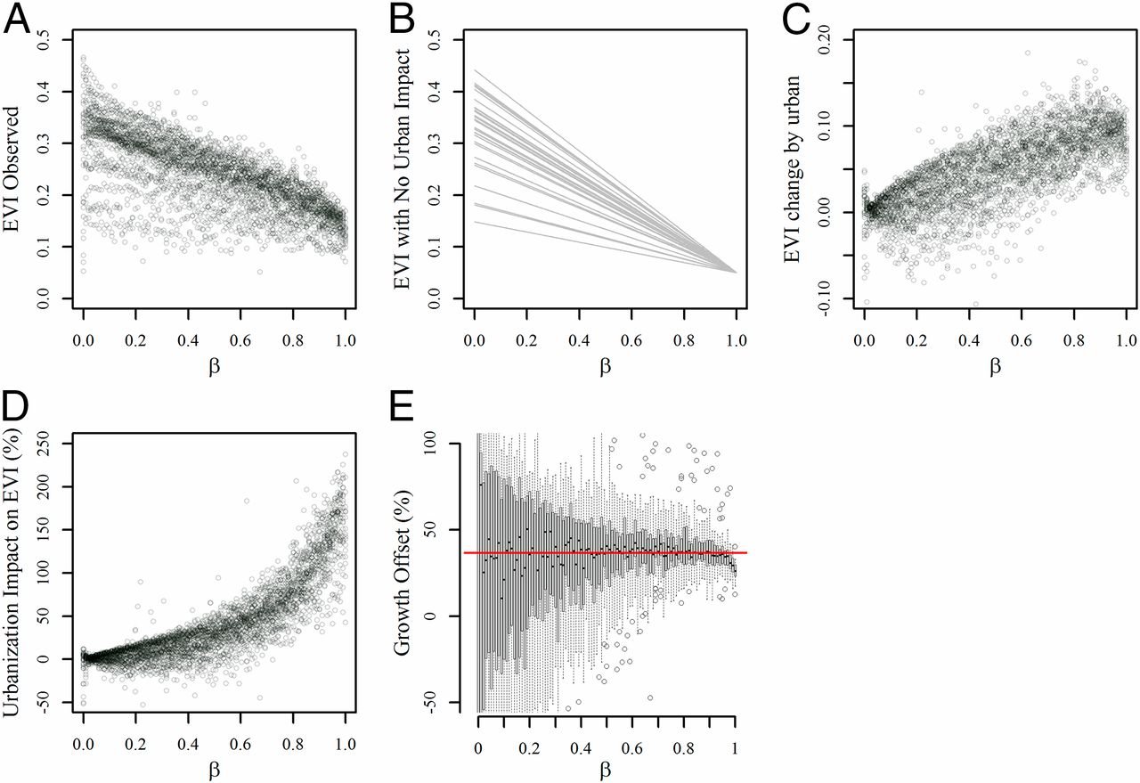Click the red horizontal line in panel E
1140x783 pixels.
(606, 553)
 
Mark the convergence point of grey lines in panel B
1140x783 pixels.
(737, 272)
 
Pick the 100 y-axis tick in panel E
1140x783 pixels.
(447, 443)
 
